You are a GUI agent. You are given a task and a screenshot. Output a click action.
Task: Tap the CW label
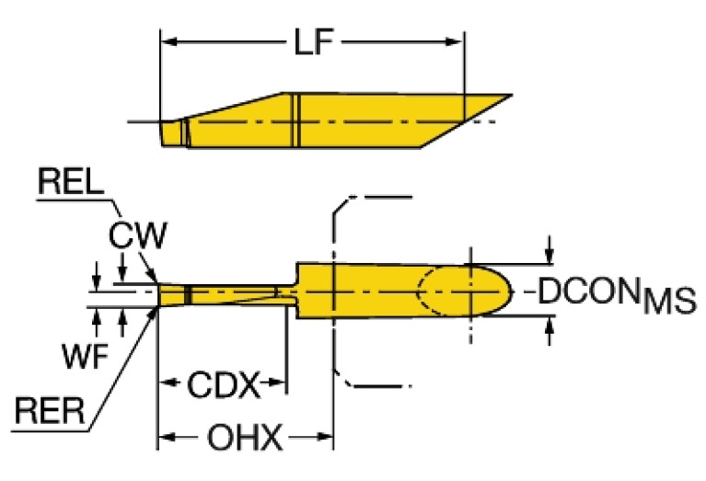coord(137,236)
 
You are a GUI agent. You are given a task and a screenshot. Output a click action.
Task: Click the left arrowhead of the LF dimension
coord(169,41)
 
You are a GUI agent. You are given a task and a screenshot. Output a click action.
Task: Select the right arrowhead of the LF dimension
coord(457,41)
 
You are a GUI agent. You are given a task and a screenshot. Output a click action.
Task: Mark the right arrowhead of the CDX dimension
coord(280,383)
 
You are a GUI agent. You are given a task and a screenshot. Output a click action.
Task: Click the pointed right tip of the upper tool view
coord(511,95)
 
